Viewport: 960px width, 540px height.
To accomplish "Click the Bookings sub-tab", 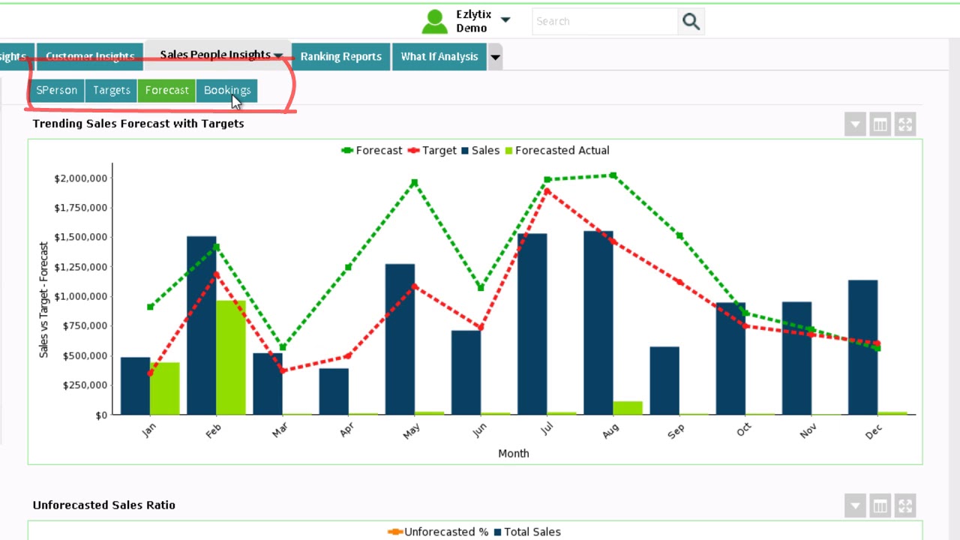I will [x=226, y=90].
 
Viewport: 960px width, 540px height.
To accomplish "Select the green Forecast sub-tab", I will [x=166, y=90].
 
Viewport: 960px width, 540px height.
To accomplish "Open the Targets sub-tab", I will [x=111, y=90].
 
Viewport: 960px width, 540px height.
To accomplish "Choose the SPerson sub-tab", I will [x=56, y=90].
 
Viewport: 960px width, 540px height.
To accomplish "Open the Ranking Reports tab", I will [x=340, y=56].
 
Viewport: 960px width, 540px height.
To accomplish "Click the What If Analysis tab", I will [x=439, y=56].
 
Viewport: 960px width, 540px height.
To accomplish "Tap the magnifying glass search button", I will [x=691, y=22].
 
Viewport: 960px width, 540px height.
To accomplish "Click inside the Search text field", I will [x=604, y=22].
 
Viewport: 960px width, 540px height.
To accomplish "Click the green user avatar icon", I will [x=434, y=22].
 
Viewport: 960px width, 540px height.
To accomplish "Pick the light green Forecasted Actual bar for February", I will [x=231, y=357].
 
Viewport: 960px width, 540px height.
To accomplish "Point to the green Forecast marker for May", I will [x=414, y=182].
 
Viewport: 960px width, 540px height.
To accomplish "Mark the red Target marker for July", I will [x=547, y=191].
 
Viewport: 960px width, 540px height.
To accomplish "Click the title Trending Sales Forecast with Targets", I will [x=138, y=123].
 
